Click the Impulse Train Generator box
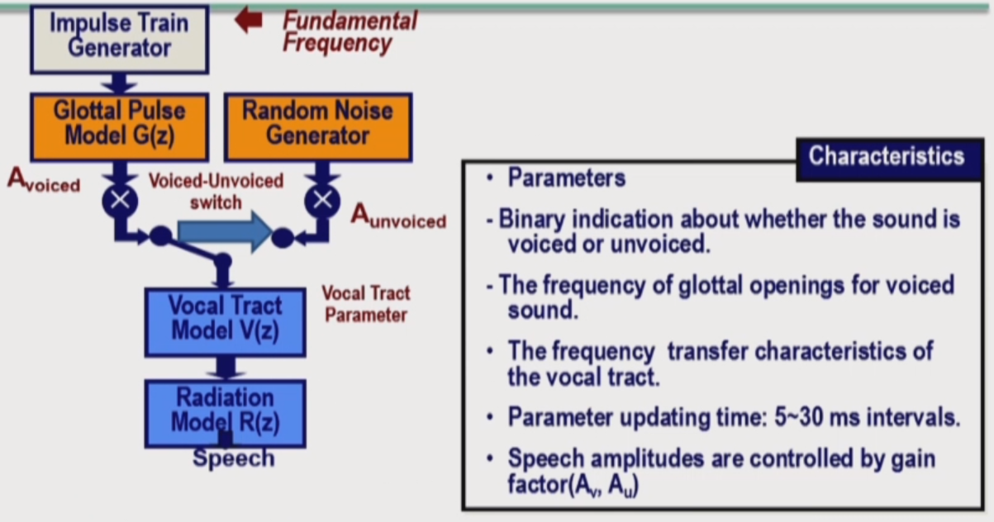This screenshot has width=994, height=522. click(x=119, y=39)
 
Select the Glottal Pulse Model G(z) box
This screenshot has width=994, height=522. click(x=119, y=127)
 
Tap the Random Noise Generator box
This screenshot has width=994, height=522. click(x=318, y=127)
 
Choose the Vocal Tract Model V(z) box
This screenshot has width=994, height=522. click(x=225, y=322)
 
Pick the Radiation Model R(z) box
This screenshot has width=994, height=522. click(x=225, y=413)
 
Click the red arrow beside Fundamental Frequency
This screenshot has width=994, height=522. click(x=249, y=20)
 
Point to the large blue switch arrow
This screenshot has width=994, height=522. click(x=225, y=232)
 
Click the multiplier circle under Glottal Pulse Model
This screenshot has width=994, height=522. click(x=120, y=201)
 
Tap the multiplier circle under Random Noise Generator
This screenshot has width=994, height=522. click(x=322, y=201)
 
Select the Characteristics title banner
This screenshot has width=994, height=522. click(x=890, y=159)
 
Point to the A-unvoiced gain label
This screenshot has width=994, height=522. click(x=398, y=216)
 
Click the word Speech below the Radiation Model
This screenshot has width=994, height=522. click(x=234, y=458)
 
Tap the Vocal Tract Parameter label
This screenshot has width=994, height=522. click(x=366, y=304)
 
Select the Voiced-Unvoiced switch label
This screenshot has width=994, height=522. click(x=216, y=192)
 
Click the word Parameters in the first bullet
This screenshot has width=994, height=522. click(x=567, y=178)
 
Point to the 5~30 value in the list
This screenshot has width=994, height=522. click(x=799, y=417)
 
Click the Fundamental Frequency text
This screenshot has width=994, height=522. click(x=350, y=32)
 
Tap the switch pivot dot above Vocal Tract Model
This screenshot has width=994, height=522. click(x=223, y=261)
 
